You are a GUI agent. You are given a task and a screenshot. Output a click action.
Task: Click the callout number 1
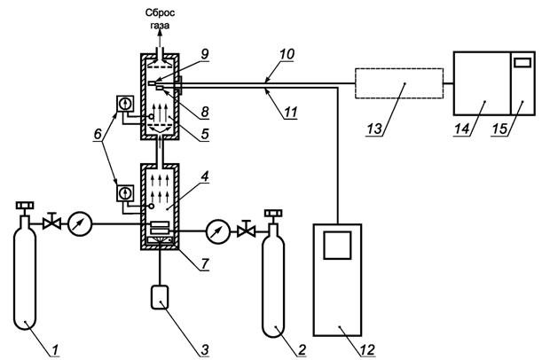(55, 349)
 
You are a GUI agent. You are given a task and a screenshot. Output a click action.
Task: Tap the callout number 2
(302, 349)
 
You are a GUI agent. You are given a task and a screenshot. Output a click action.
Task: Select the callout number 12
(367, 349)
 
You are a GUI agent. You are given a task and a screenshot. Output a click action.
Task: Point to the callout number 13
(374, 129)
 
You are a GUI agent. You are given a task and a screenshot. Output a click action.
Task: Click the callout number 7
(205, 263)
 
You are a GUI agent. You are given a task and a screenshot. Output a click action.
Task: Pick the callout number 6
(98, 134)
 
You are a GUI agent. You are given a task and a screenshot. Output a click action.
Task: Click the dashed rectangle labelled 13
(399, 83)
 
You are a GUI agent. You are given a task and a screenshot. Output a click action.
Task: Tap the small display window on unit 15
(522, 63)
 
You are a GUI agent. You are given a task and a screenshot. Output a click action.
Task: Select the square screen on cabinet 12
(337, 246)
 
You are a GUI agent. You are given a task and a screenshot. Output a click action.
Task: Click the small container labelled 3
(160, 297)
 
